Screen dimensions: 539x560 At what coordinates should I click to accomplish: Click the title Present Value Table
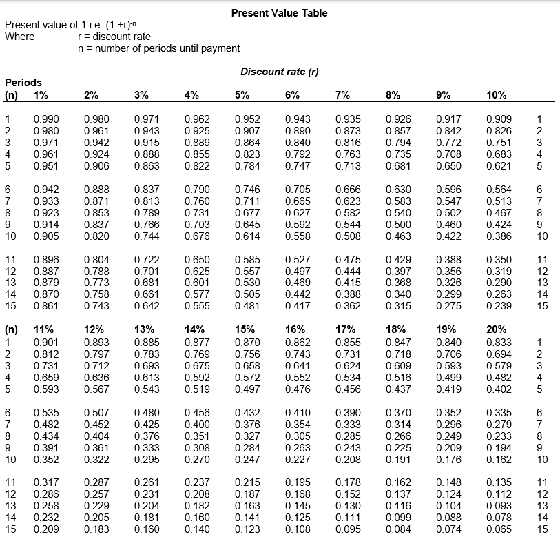pos(279,13)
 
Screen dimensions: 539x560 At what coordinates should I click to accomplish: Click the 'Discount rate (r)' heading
pos(279,72)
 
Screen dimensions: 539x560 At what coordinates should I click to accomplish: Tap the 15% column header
pos(245,329)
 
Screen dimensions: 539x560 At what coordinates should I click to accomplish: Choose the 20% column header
pos(496,329)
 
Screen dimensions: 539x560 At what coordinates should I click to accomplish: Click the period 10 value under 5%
pos(246,236)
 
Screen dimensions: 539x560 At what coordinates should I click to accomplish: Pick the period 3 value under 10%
pos(498,142)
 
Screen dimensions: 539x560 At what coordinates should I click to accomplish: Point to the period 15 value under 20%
pos(498,529)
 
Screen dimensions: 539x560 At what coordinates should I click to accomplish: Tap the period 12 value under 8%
pos(397,271)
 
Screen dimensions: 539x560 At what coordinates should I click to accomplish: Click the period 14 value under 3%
pos(145,294)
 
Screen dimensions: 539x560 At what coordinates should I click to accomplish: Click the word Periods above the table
pos(23,83)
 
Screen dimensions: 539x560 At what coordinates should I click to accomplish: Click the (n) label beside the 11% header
pos(12,329)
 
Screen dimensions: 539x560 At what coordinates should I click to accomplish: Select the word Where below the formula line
pos(19,37)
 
